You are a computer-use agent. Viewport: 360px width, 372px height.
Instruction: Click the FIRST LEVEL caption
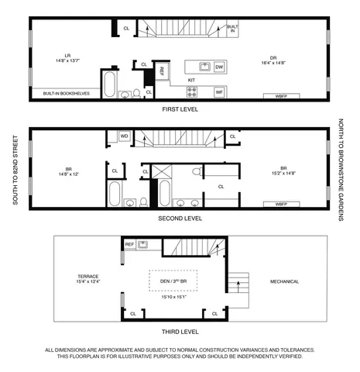tap(180, 110)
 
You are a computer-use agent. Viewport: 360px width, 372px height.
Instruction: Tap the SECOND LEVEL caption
tap(180, 219)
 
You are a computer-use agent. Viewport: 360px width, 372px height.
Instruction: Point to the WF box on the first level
tap(219, 92)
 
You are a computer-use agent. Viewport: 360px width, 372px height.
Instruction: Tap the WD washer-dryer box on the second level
tap(124, 137)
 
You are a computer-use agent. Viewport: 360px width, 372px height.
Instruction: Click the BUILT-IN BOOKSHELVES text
tap(66, 94)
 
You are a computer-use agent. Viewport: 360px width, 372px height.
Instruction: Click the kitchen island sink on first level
tap(204, 67)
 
